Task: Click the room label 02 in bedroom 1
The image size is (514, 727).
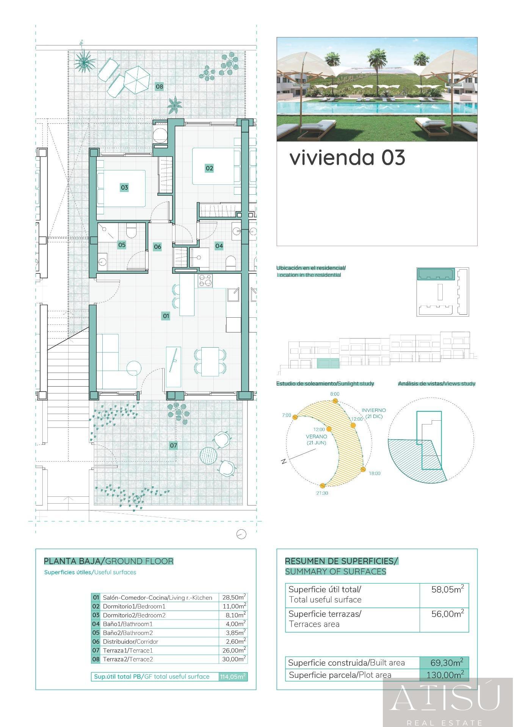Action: tap(209, 168)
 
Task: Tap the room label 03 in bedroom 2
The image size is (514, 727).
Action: tap(124, 187)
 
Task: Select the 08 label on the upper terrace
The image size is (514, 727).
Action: tap(159, 87)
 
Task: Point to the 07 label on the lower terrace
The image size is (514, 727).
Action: tap(173, 445)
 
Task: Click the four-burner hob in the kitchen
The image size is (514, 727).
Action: tap(205, 281)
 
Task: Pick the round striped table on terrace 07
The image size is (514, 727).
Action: tap(208, 455)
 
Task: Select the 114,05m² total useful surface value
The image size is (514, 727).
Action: tap(233, 677)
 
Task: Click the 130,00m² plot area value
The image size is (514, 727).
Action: tap(445, 675)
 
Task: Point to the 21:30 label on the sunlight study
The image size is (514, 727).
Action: tap(322, 493)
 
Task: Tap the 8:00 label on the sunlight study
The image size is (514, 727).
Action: tap(335, 394)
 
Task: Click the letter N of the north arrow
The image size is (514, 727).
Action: tap(284, 461)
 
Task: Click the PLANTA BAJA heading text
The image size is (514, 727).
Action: tap(74, 561)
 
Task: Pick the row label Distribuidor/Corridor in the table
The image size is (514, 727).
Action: tap(130, 641)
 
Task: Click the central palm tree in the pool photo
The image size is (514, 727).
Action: tap(376, 61)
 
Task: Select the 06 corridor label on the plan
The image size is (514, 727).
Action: tap(157, 247)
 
